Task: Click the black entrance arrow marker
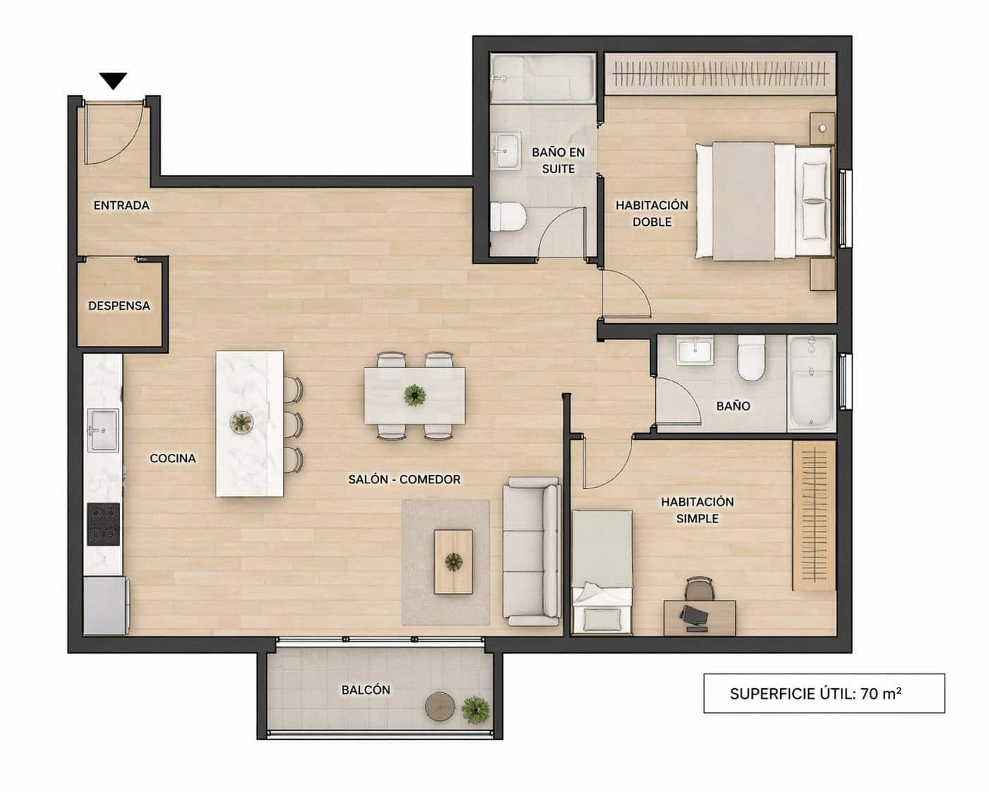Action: [113, 80]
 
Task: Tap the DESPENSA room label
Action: [119, 306]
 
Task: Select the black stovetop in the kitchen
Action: [103, 524]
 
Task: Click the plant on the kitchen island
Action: [242, 422]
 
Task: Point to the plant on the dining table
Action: [414, 395]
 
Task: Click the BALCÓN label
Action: [365, 690]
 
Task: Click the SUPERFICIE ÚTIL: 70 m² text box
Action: [823, 693]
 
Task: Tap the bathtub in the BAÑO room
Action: [811, 383]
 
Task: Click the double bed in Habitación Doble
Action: [762, 200]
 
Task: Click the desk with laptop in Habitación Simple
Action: [699, 618]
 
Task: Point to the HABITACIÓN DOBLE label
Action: [651, 213]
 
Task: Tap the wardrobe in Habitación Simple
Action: [813, 515]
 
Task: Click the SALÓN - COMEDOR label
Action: [404, 479]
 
